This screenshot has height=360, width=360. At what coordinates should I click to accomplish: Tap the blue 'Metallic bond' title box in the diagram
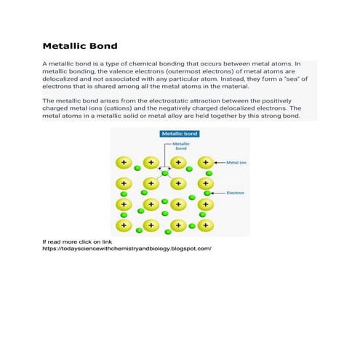pos(180,135)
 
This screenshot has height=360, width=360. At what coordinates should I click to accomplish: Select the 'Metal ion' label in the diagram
pos(237,163)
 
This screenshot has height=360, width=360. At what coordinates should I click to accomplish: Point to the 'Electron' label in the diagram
pos(236,193)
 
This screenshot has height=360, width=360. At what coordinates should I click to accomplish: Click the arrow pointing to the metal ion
pos(220,163)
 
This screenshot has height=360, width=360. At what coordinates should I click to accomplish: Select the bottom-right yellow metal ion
pos(206,225)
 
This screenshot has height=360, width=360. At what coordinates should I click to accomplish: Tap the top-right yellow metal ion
pos(206,163)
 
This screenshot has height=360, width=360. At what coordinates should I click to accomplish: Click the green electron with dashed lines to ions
pos(165,173)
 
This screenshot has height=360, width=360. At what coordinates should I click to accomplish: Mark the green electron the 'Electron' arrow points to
pos(208,193)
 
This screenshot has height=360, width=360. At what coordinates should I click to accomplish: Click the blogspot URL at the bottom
pos(127,248)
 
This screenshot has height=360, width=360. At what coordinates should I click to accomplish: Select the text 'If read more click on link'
pos(77,241)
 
